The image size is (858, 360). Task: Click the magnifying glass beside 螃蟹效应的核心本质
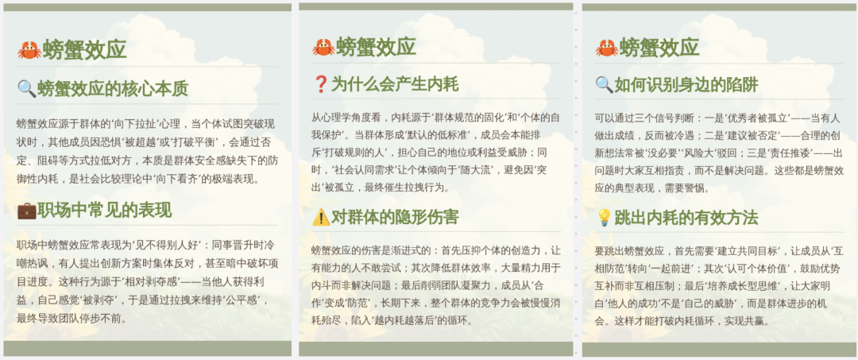coord(26,88)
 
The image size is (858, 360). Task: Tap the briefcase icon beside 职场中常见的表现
coord(26,211)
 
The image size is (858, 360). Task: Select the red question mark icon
coord(321,84)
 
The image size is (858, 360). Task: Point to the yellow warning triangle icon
coord(321,217)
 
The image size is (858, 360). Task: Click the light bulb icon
coord(604,218)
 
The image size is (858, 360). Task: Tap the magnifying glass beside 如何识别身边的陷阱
coord(604,84)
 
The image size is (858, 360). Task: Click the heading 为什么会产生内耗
coord(395,84)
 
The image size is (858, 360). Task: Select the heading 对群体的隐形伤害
coord(395,217)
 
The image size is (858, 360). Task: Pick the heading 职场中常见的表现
coord(105,211)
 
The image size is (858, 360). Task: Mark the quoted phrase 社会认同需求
coord(364,169)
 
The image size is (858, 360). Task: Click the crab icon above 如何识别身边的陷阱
coord(606,48)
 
